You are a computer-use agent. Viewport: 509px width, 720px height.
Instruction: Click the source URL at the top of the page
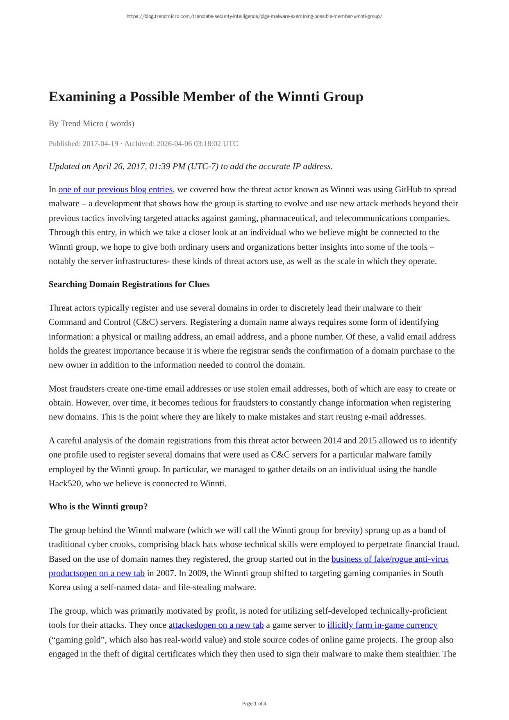pyautogui.click(x=254, y=16)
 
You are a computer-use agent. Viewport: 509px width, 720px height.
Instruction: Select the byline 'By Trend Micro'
pyautogui.click(x=76, y=123)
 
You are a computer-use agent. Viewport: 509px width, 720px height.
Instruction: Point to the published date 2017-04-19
pyautogui.click(x=100, y=144)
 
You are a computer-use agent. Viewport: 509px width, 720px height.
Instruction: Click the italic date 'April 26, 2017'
pyautogui.click(x=116, y=166)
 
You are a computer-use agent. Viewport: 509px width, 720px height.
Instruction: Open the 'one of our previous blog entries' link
pyautogui.click(x=115, y=189)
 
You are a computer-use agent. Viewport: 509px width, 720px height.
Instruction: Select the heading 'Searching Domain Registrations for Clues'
pyautogui.click(x=129, y=284)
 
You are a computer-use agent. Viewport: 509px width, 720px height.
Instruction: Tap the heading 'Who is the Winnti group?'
pyautogui.click(x=98, y=506)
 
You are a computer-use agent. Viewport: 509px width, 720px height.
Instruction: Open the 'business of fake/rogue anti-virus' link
pyautogui.click(x=390, y=559)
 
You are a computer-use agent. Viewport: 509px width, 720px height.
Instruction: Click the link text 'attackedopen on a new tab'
pyautogui.click(x=216, y=625)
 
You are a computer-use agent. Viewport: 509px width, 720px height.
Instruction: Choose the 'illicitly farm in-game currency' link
pyautogui.click(x=382, y=625)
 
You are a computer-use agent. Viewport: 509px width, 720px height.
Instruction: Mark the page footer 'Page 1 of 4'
pyautogui.click(x=254, y=704)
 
